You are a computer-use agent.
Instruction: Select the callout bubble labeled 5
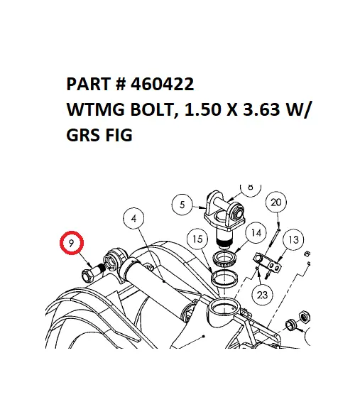(182, 205)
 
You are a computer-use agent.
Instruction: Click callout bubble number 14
(256, 232)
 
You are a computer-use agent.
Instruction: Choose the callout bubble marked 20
(277, 204)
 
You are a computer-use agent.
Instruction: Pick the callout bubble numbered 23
(263, 293)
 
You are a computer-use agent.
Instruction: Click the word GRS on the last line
(82, 135)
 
